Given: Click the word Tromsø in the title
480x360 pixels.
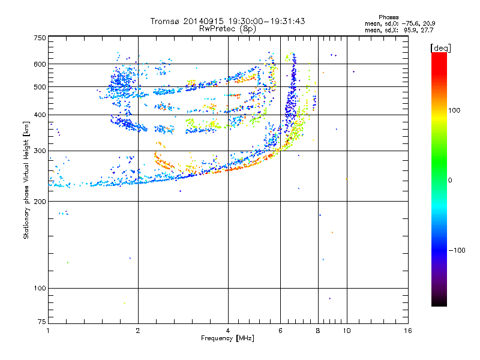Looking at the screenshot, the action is tap(166, 21).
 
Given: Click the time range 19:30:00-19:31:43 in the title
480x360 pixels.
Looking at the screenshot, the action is tap(266, 21).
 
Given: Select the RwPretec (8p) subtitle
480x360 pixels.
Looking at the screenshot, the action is tap(227, 29).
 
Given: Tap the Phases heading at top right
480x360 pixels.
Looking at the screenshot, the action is tap(388, 17).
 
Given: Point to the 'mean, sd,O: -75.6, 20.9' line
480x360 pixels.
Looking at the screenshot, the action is tap(400, 23).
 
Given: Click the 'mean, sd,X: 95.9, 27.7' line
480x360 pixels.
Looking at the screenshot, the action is tap(399, 30).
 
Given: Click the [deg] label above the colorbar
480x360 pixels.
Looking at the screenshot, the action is tap(440, 49).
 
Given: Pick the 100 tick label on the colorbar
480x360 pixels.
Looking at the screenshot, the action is tap(454, 110).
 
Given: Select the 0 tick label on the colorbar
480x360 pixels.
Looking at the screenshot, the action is tap(450, 181).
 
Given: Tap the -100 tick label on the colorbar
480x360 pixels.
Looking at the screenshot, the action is tap(457, 250).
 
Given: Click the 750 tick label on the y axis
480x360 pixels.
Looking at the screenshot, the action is tap(40, 38).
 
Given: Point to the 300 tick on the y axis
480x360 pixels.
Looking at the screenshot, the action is tap(40, 151).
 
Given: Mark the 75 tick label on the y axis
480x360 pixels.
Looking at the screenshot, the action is tap(42, 322).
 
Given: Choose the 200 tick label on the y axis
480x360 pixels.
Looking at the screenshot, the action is tap(40, 202).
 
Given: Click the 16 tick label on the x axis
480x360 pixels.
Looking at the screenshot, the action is tap(408, 331).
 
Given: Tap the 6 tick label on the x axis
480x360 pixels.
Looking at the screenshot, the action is tap(280, 331).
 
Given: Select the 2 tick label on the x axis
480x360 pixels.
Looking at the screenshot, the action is tap(138, 331).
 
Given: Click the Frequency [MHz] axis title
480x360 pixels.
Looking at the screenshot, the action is tap(227, 338).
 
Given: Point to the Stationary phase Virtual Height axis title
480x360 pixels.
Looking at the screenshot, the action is tap(26, 181).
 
